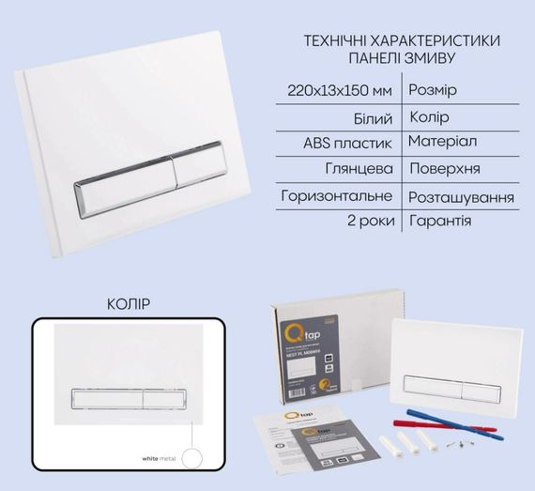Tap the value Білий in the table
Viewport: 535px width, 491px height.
374,118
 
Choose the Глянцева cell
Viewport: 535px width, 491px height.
362,170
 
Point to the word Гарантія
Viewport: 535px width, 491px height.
440,222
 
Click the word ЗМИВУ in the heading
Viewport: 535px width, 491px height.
430,58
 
